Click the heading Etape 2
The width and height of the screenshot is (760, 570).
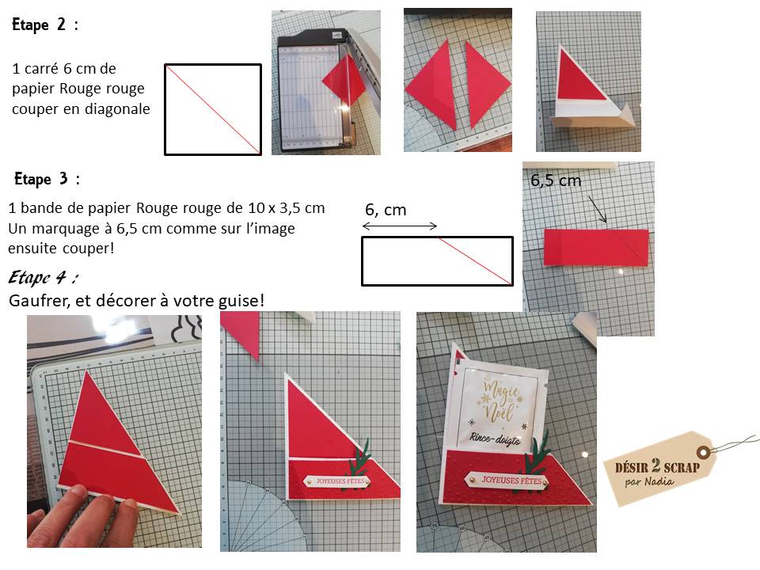(x=44, y=25)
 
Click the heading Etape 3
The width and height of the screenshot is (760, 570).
(x=47, y=179)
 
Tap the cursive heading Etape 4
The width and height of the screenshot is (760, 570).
(x=43, y=277)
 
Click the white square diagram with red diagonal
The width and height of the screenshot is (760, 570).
(x=213, y=109)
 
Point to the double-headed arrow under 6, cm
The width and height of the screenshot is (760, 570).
(x=400, y=226)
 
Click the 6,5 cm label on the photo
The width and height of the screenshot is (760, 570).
(x=556, y=180)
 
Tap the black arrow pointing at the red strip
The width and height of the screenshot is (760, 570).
(x=598, y=209)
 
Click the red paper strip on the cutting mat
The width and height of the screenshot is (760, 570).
(x=596, y=247)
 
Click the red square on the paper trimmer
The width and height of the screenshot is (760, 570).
(x=344, y=79)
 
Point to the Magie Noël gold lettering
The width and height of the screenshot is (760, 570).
(x=500, y=401)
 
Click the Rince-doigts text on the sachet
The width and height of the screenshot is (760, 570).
(x=495, y=438)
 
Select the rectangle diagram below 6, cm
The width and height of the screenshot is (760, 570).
(x=437, y=261)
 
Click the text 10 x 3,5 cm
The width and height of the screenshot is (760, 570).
(x=287, y=208)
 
